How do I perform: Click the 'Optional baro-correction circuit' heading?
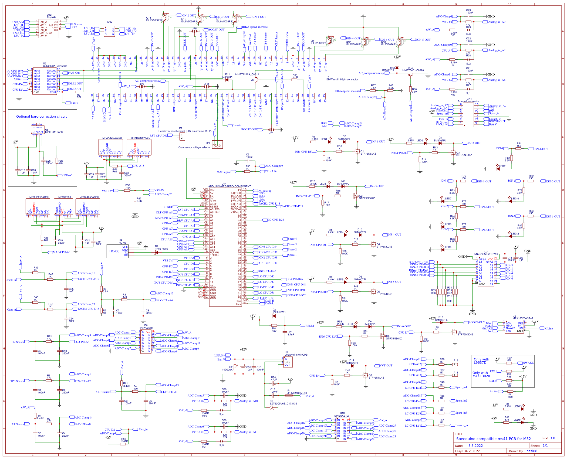pyautogui.click(x=41, y=117)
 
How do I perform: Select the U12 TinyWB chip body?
pyautogui.click(x=49, y=29)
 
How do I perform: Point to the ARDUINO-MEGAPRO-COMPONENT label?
pyautogui.click(x=230, y=186)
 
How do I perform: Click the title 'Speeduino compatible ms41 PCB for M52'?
pyautogui.click(x=493, y=439)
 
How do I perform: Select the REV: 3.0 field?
pyautogui.click(x=548, y=438)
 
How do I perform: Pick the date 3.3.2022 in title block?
pyautogui.click(x=475, y=446)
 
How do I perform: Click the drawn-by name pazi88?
pyautogui.click(x=532, y=451)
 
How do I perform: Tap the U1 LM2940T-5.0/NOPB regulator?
pyautogui.click(x=288, y=362)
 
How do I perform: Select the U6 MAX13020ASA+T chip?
pyautogui.click(x=514, y=327)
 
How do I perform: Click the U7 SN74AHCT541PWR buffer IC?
pyautogui.click(x=486, y=271)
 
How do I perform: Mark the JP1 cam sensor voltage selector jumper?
pyautogui.click(x=217, y=145)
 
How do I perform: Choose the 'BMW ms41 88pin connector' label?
pyautogui.click(x=342, y=79)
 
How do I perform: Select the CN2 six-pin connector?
pyautogui.click(x=109, y=31)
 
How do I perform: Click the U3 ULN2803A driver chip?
pyautogui.click(x=45, y=81)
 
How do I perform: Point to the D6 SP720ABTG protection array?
pyautogui.click(x=146, y=342)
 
